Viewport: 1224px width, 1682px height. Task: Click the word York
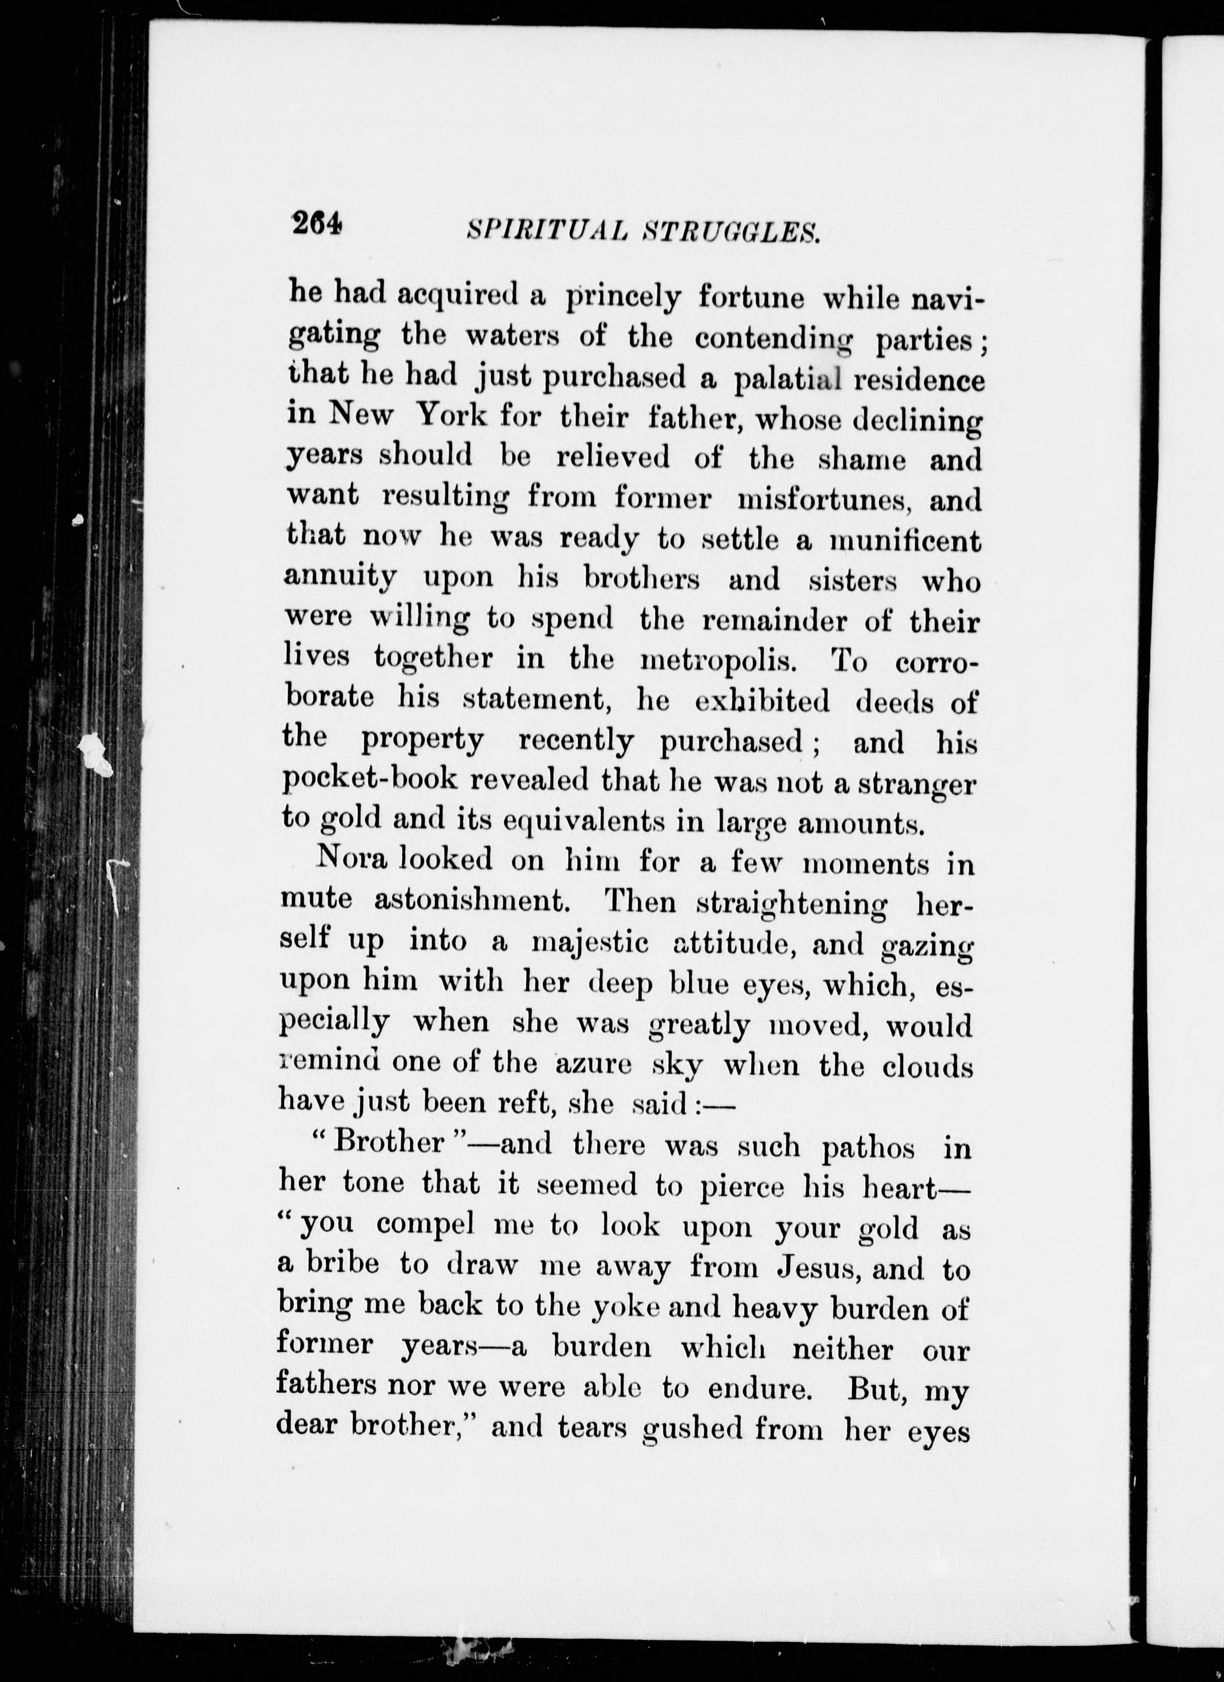click(452, 416)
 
